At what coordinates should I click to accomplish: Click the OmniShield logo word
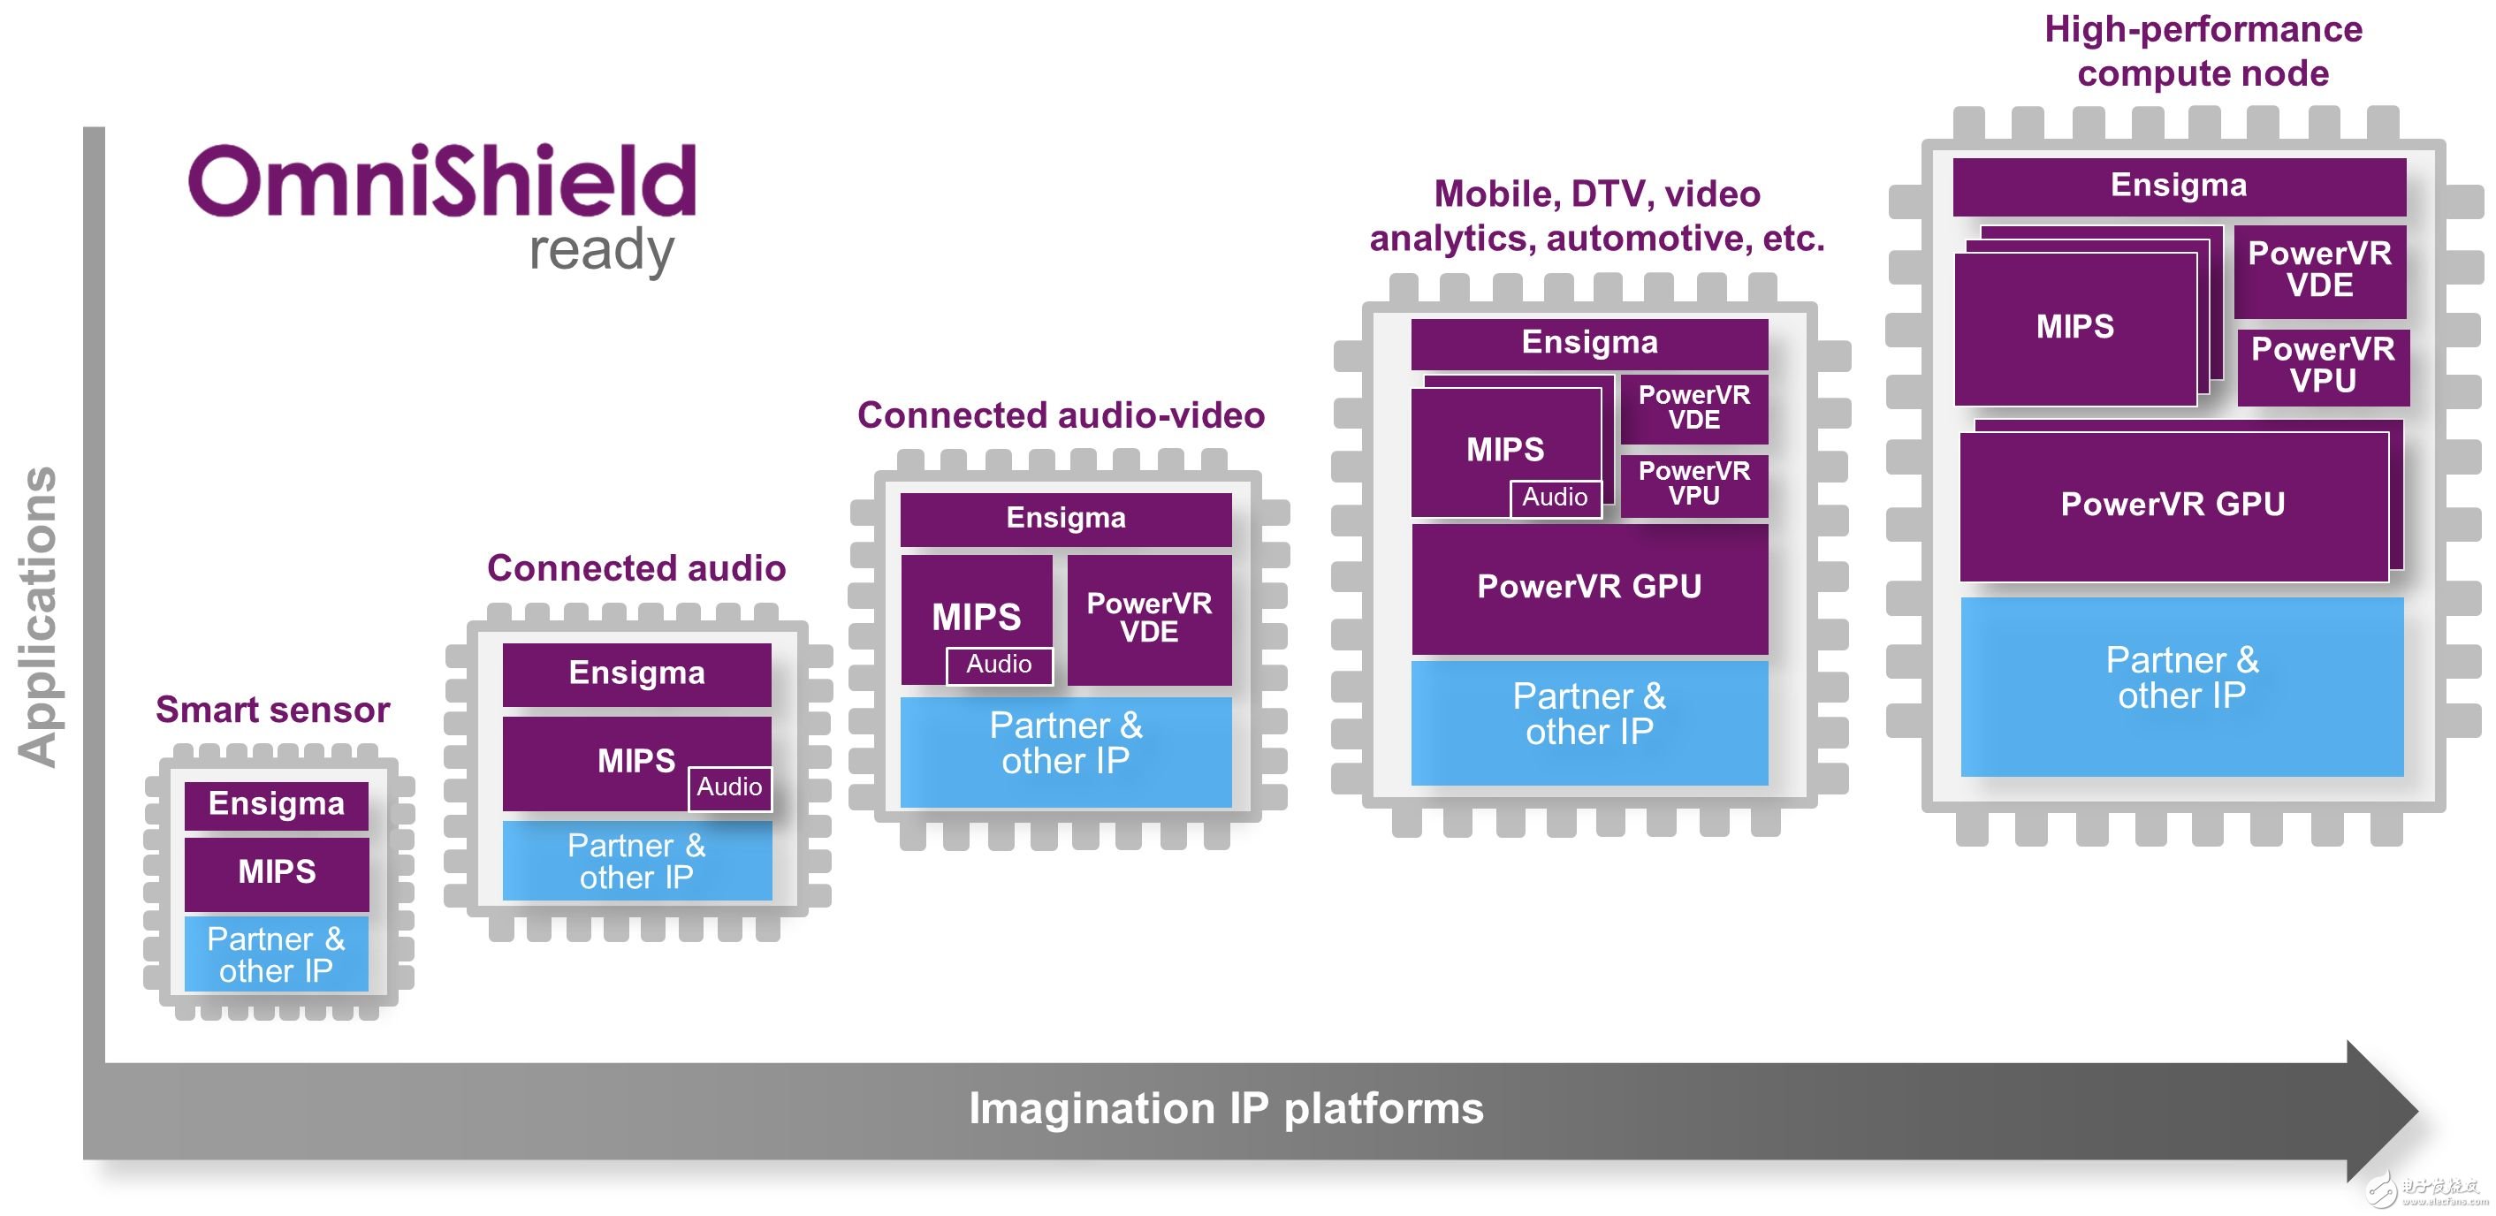(442, 182)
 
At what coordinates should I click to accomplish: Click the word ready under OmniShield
(601, 251)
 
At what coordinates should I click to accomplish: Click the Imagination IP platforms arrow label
(1226, 1108)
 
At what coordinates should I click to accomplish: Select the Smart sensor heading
(272, 711)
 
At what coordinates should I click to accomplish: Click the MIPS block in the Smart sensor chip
(278, 872)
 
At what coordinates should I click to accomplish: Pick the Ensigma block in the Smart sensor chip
(278, 804)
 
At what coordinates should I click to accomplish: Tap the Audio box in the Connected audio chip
(728, 787)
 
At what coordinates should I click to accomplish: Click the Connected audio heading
(635, 567)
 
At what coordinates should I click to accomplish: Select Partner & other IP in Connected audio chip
(636, 862)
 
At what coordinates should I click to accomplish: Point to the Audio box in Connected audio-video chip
(999, 665)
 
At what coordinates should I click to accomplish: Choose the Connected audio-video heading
(1061, 415)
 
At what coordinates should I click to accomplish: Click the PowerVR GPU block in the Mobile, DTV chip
(1589, 587)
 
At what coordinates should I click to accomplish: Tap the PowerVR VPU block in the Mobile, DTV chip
(1693, 483)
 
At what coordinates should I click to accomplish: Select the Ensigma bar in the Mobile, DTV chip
(1589, 343)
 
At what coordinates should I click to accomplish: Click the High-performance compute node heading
(2203, 51)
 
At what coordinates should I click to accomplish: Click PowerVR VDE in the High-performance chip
(2319, 270)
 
